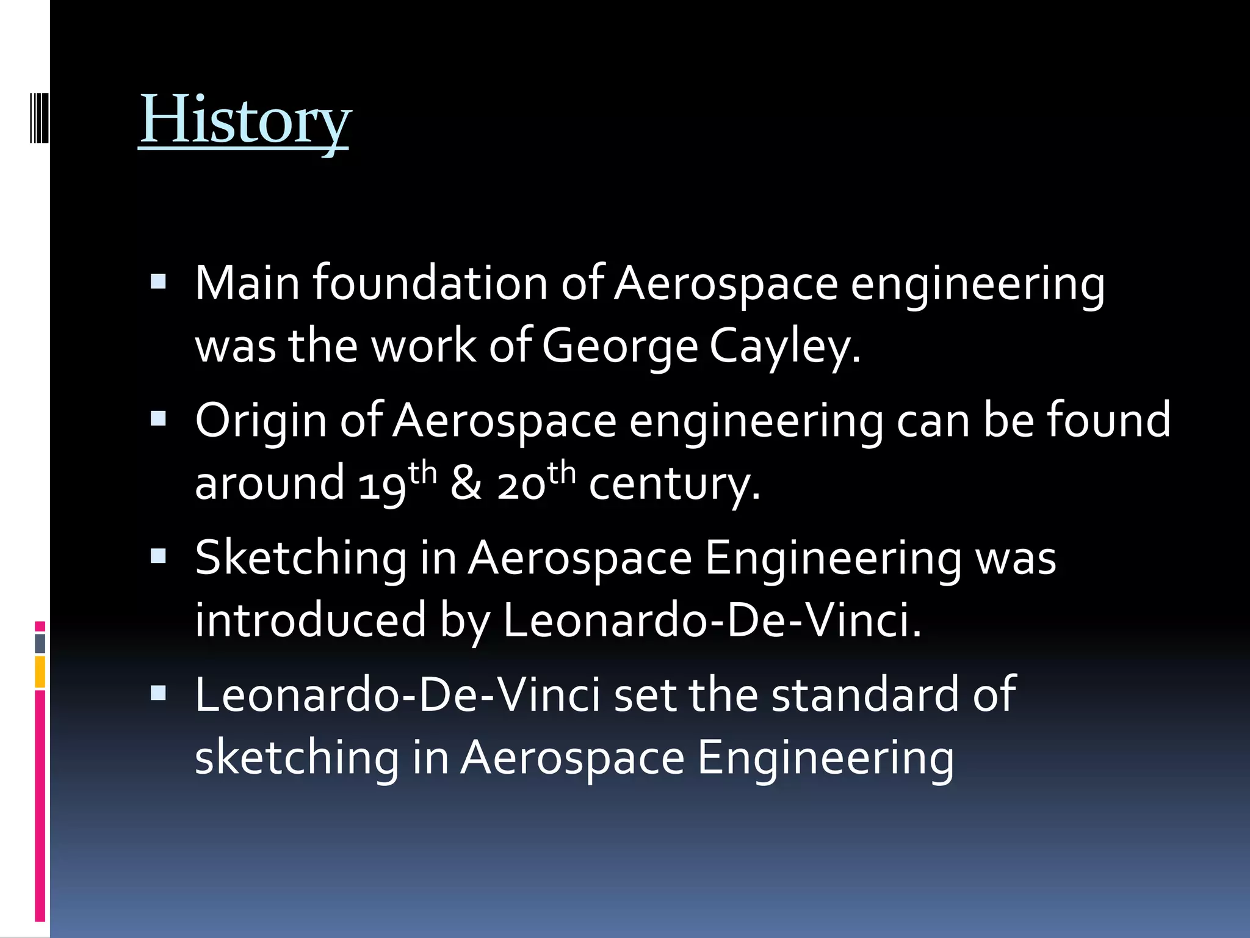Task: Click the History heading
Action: tap(245, 120)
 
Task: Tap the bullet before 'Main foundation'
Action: tap(158, 282)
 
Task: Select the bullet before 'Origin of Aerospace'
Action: tap(158, 419)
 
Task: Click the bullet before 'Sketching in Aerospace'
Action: tap(158, 556)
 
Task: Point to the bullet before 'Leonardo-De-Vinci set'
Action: tap(158, 693)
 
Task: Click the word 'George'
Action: tap(620, 347)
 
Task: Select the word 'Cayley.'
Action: tap(785, 347)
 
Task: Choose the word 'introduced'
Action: tap(310, 620)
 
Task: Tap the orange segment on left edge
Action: tap(40, 672)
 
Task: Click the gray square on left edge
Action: tap(40, 643)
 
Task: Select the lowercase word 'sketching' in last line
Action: tap(297, 758)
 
